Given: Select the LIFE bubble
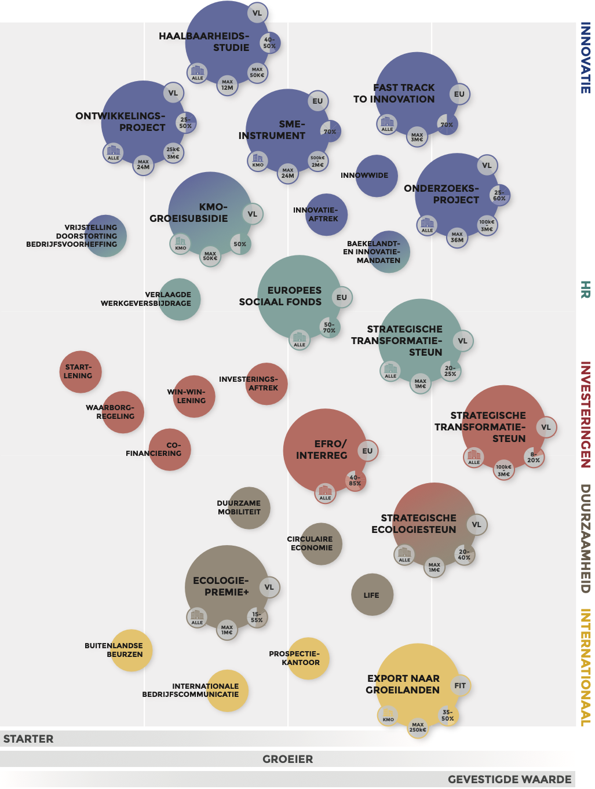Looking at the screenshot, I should pos(373,595).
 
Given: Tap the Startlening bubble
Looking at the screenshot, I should pos(81,372).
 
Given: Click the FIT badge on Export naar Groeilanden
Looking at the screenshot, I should pos(460,686).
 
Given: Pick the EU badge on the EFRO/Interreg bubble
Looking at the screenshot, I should pos(367,451).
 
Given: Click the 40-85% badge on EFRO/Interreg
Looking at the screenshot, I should pos(355,480).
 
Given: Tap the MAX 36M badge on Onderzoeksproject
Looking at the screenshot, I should pos(457,237).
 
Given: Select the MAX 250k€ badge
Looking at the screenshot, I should pos(418,727).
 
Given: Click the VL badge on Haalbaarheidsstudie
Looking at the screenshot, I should pos(257,13).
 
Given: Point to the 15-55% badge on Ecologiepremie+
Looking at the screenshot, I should pos(257,617).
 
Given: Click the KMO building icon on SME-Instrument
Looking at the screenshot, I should pos(258,160).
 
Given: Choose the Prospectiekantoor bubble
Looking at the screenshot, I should pos(308,659).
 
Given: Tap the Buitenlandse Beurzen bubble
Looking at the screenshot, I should pos(132,650).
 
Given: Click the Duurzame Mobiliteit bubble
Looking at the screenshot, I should pos(249,508).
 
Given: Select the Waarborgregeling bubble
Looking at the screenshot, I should pos(123,412).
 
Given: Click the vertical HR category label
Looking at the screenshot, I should pos(586,290).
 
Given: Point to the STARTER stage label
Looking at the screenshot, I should pos(28,739).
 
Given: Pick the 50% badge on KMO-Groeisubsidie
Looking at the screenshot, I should pos(240,244).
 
